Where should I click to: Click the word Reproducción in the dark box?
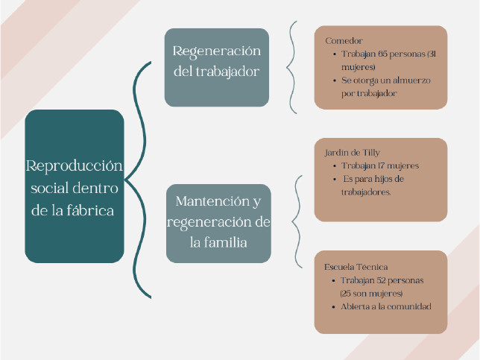click(x=74, y=165)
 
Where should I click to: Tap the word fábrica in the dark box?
click(x=92, y=210)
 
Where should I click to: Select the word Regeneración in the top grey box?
click(x=217, y=51)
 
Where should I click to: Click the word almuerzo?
click(x=409, y=80)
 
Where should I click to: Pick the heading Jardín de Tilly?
click(x=347, y=152)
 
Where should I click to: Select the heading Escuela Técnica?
click(x=356, y=266)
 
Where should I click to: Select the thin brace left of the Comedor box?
click(x=293, y=67)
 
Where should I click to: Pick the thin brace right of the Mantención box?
click(x=298, y=220)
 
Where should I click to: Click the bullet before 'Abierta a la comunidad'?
click(x=333, y=306)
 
